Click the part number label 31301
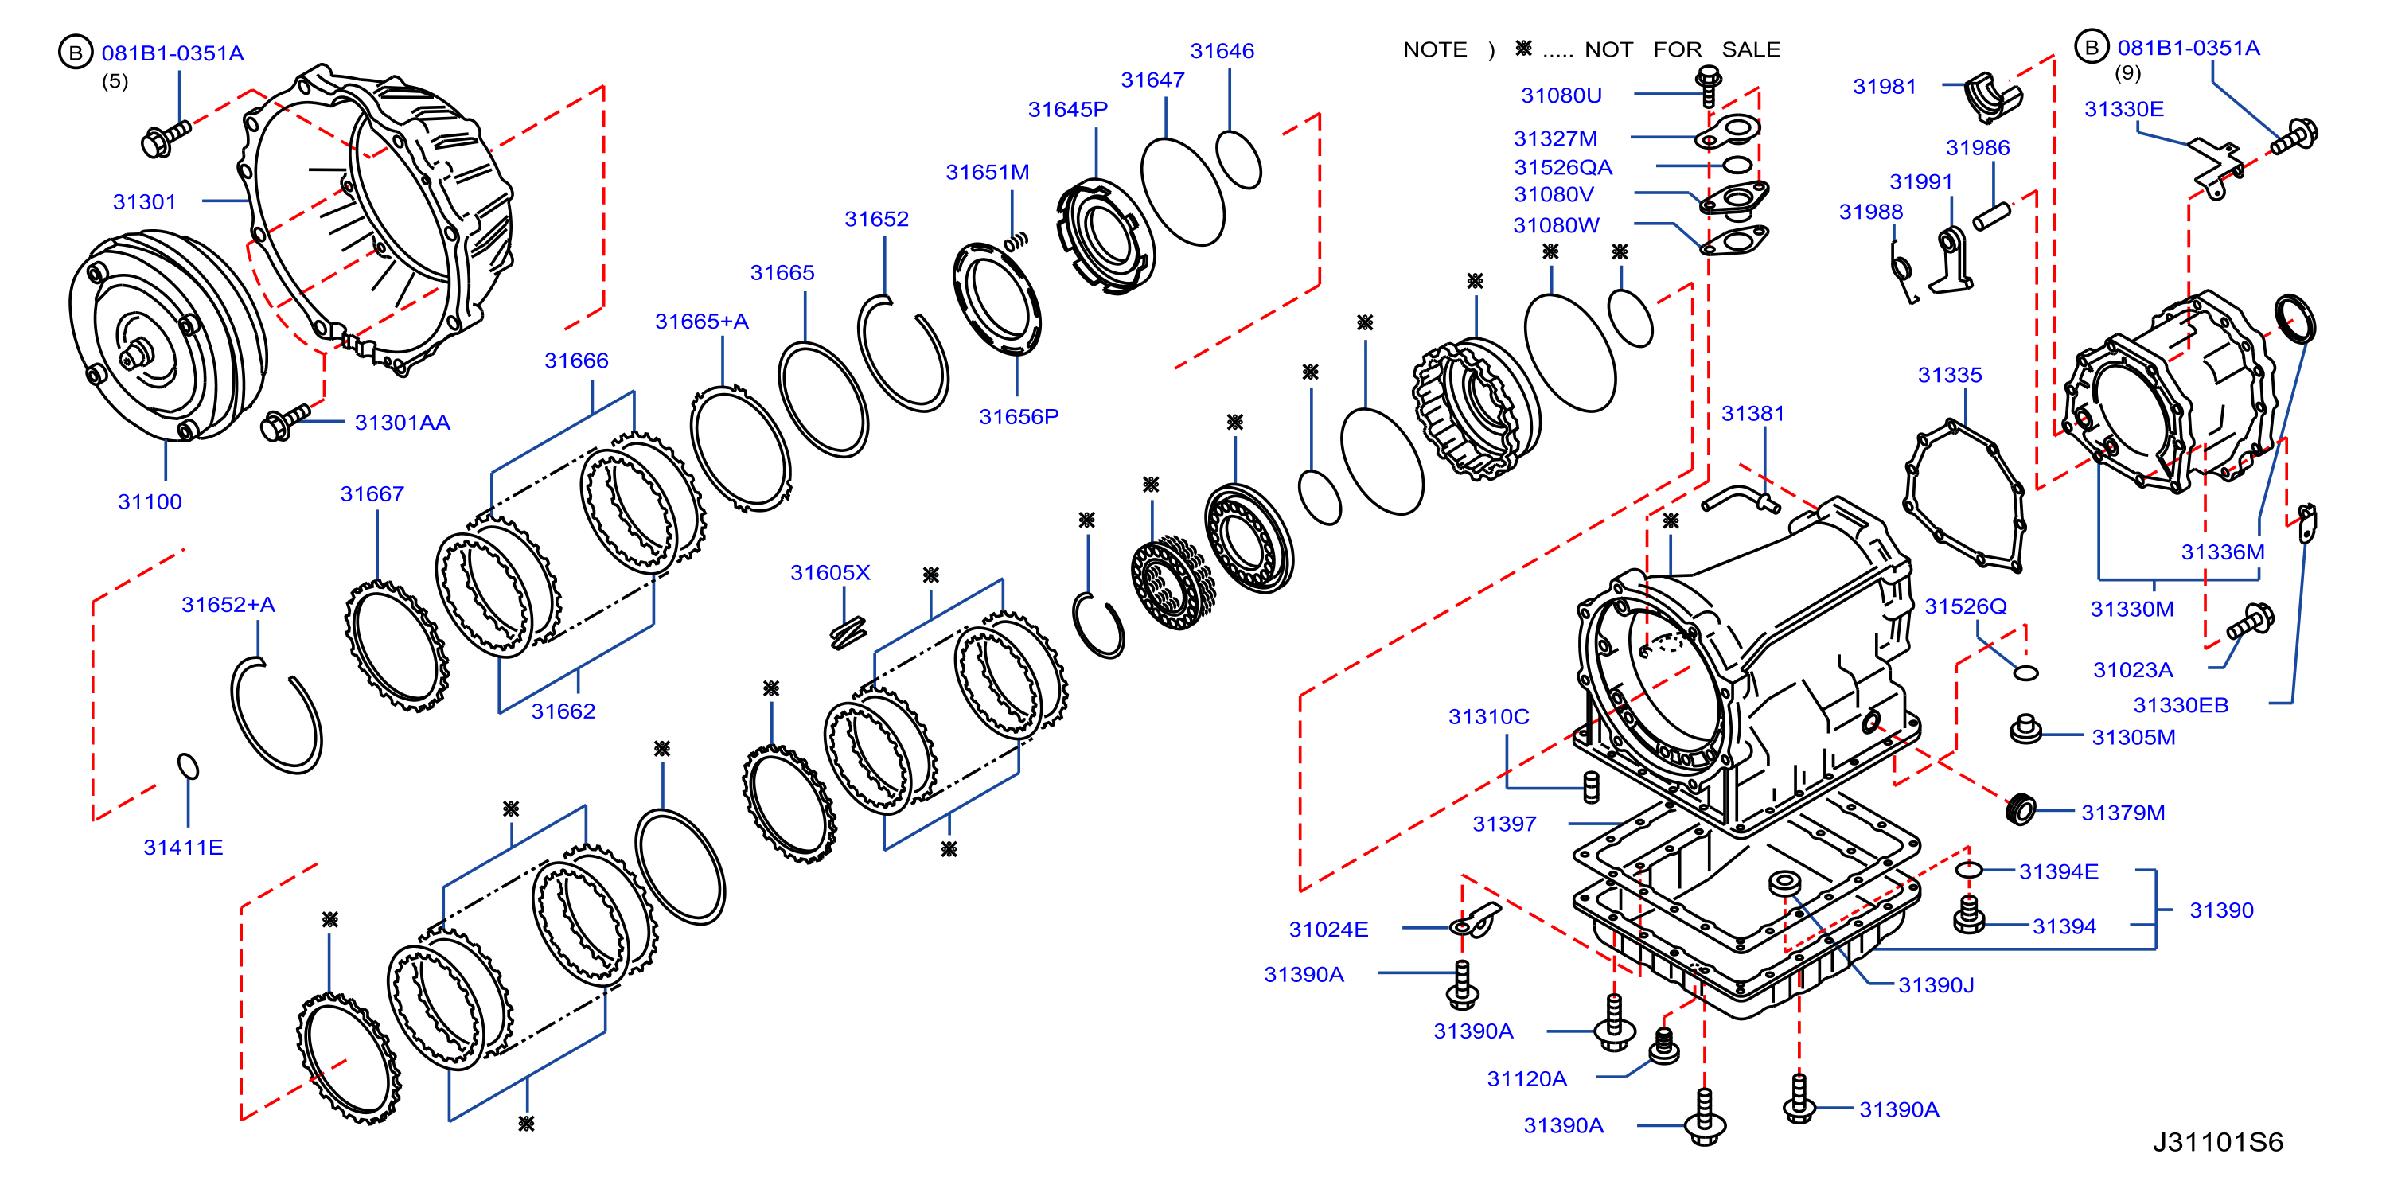pyautogui.click(x=144, y=201)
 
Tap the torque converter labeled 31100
pyautogui.click(x=166, y=337)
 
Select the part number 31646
pyautogui.click(x=1222, y=51)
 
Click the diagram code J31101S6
pyautogui.click(x=2217, y=1142)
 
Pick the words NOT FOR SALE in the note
pyautogui.click(x=1682, y=49)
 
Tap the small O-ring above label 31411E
pyautogui.click(x=188, y=766)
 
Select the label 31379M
pyautogui.click(x=2123, y=813)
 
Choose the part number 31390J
pyautogui.click(x=1936, y=985)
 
